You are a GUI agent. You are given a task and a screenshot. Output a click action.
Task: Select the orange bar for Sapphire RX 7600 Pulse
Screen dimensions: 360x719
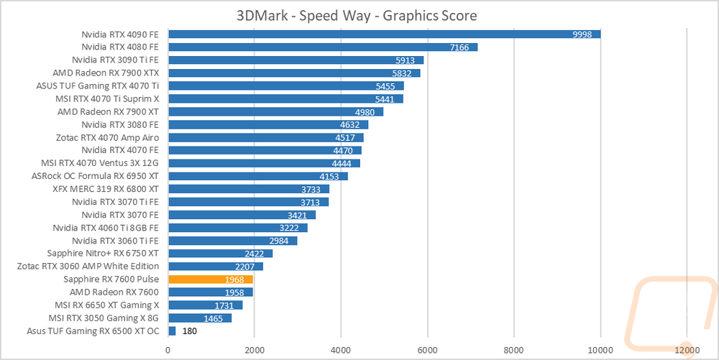(210, 279)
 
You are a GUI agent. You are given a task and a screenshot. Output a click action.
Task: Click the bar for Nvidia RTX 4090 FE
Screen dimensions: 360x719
(384, 34)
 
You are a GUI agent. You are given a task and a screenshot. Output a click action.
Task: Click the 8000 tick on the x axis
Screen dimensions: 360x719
(513, 349)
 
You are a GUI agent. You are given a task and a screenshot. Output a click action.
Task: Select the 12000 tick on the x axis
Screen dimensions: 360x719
(687, 349)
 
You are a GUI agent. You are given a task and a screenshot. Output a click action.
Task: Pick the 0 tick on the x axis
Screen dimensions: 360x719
(168, 349)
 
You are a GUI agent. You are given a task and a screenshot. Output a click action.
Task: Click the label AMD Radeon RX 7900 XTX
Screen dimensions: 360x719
(106, 73)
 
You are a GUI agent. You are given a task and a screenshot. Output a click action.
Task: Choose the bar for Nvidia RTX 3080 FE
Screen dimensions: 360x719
(267, 124)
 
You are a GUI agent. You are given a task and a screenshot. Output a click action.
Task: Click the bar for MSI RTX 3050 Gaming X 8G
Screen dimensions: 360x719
(199, 318)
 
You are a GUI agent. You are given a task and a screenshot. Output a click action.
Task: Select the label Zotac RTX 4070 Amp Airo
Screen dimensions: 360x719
(107, 137)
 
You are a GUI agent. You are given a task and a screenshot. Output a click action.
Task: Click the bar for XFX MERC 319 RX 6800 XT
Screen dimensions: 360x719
(248, 189)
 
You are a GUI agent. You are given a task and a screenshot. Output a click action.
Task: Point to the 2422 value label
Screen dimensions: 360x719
(255, 253)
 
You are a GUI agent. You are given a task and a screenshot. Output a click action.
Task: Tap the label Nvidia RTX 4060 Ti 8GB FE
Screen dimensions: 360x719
(106, 227)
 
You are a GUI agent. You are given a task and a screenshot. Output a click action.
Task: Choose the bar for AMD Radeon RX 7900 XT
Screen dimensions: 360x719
(275, 111)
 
